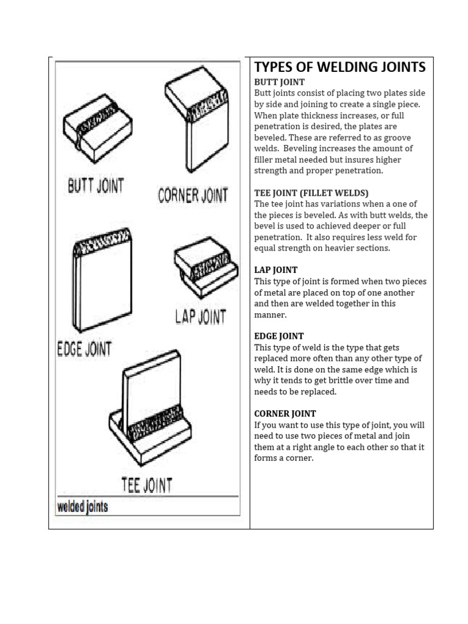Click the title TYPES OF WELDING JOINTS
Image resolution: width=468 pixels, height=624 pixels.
click(x=339, y=67)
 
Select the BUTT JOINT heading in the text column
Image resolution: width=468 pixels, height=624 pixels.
click(x=279, y=82)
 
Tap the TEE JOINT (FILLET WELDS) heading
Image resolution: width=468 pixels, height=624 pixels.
click(x=311, y=193)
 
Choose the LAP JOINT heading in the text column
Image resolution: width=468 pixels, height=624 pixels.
click(x=275, y=269)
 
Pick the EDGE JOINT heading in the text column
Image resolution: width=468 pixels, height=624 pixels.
click(x=278, y=336)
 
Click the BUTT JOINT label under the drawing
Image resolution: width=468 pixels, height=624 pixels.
click(x=95, y=186)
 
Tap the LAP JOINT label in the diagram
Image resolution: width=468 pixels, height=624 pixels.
click(x=200, y=317)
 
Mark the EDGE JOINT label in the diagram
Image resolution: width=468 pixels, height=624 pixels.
click(x=84, y=349)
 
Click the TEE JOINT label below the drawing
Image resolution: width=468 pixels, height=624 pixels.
click(x=146, y=485)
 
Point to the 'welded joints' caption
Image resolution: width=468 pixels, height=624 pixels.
click(x=82, y=507)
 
